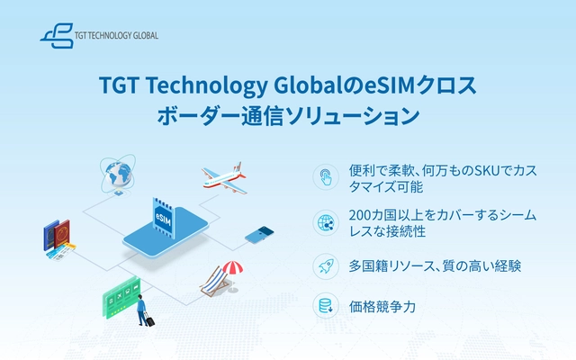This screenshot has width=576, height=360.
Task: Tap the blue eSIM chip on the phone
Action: coord(163,218)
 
